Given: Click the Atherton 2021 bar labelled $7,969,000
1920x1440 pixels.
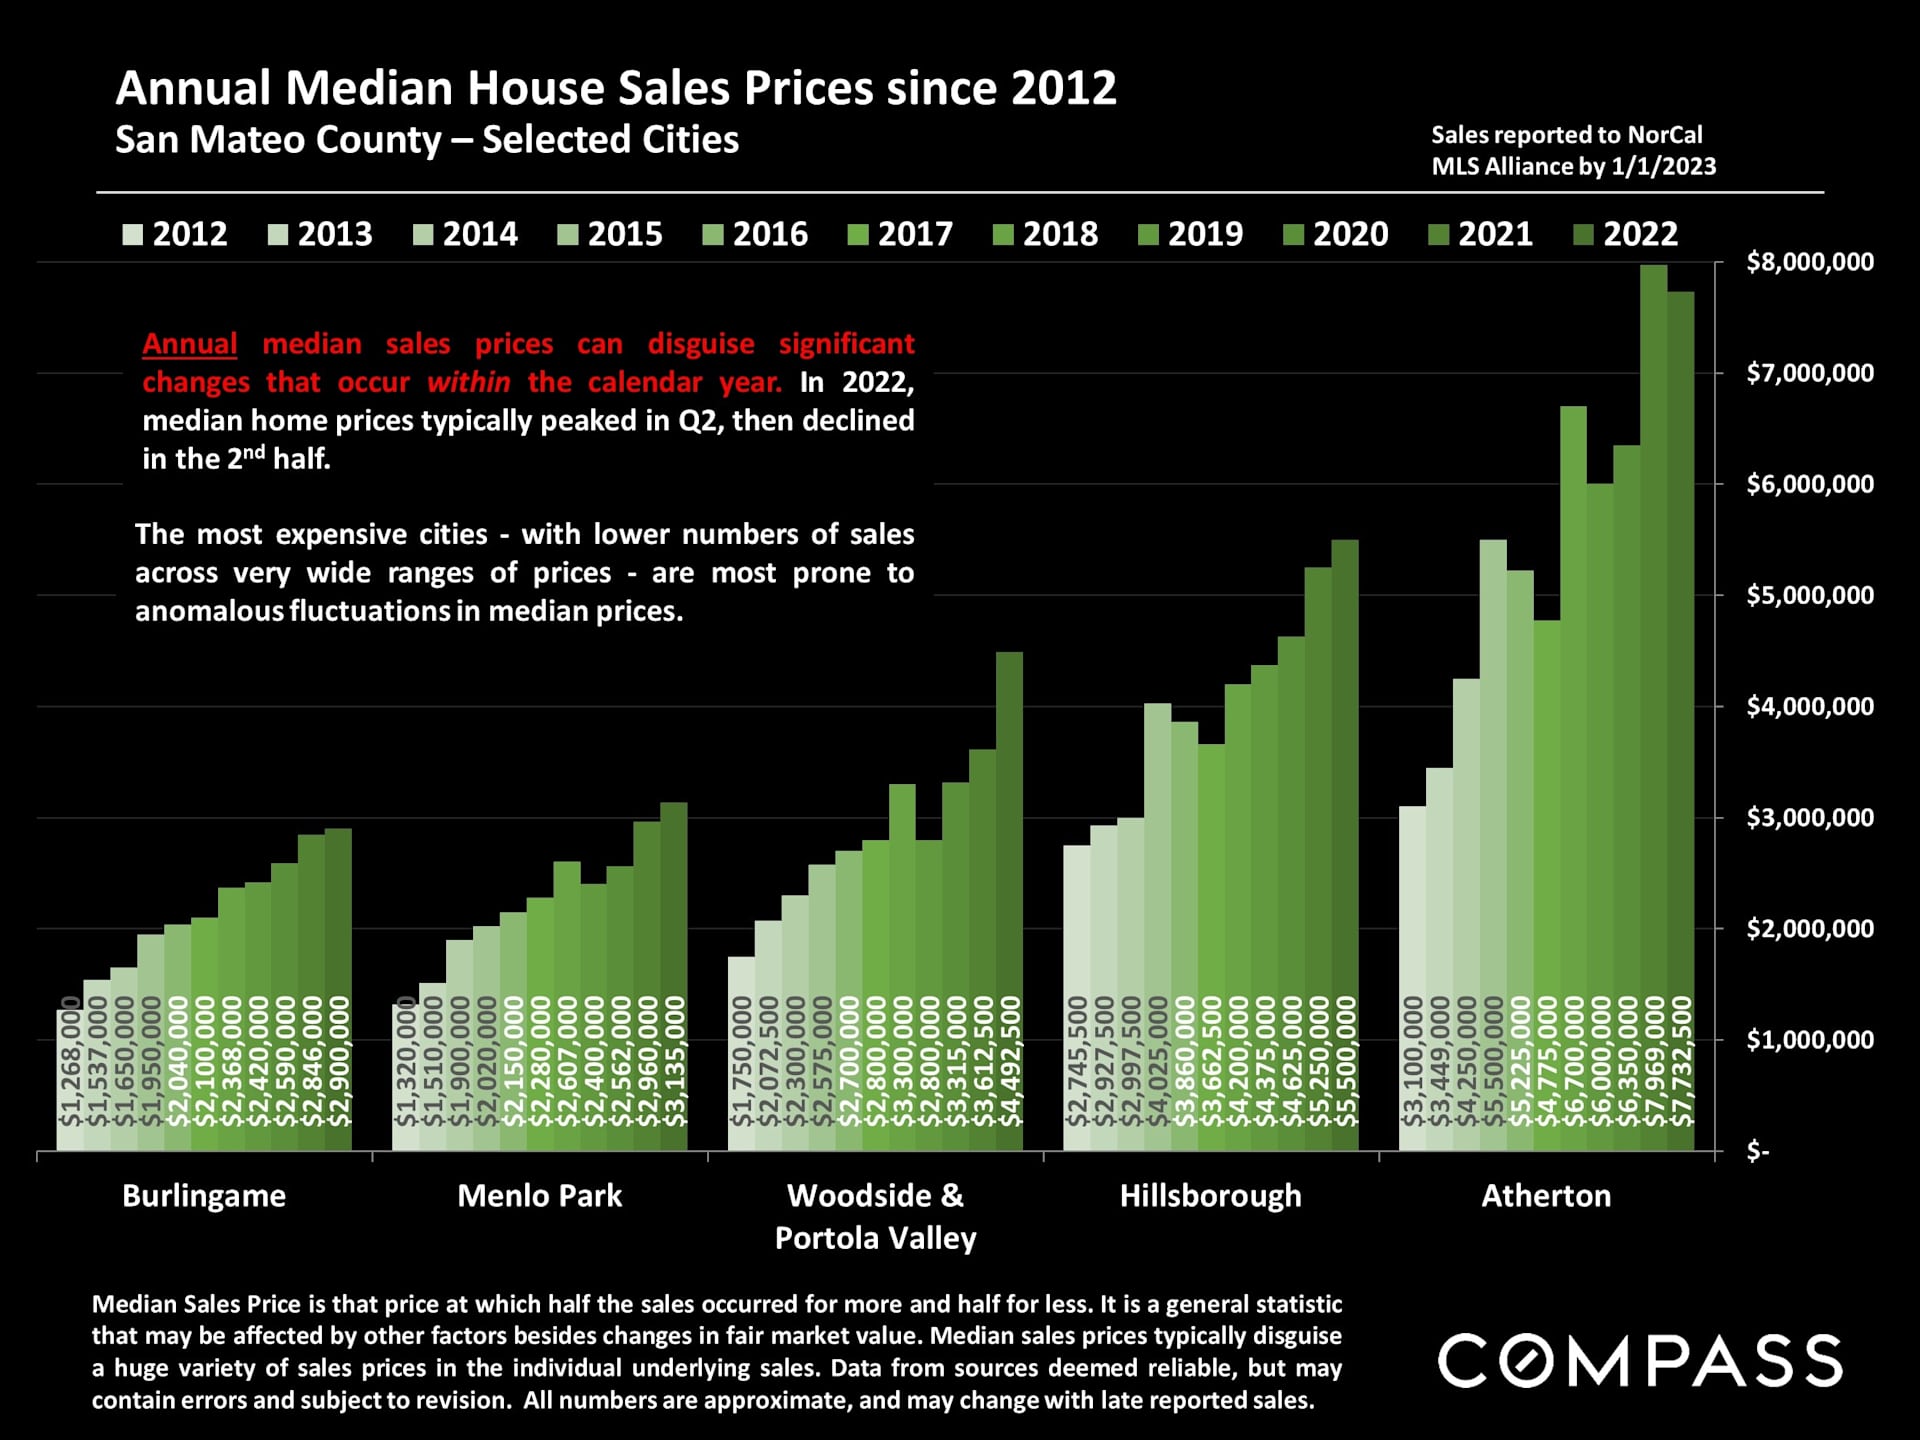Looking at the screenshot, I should pyautogui.click(x=1654, y=700).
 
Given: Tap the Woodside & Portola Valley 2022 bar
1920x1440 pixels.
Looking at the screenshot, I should pyautogui.click(x=1010, y=900).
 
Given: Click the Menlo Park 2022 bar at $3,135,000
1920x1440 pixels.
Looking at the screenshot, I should pyautogui.click(x=674, y=970).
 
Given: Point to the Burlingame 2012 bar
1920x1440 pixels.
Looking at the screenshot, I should pyautogui.click(x=69, y=1080).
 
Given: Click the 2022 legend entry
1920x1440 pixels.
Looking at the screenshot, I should pyautogui.click(x=1626, y=234).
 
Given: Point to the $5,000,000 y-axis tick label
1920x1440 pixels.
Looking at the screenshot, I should pyautogui.click(x=1809, y=596).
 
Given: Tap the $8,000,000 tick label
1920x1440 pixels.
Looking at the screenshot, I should pyautogui.click(x=1809, y=262).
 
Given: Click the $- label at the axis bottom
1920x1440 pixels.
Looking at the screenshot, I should pyautogui.click(x=1757, y=1152).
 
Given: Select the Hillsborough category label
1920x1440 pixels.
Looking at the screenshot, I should pyautogui.click(x=1210, y=1196).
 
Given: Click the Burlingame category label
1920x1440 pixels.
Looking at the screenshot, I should pyautogui.click(x=204, y=1196).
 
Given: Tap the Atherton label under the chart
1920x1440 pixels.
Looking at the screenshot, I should pyautogui.click(x=1546, y=1196).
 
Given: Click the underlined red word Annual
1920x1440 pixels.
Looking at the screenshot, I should pyautogui.click(x=190, y=344).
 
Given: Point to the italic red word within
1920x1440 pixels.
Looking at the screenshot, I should pyautogui.click(x=469, y=382).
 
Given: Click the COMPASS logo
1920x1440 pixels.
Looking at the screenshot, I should pyautogui.click(x=1640, y=1361).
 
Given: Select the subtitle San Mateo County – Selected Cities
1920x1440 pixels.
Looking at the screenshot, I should pyautogui.click(x=427, y=140).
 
